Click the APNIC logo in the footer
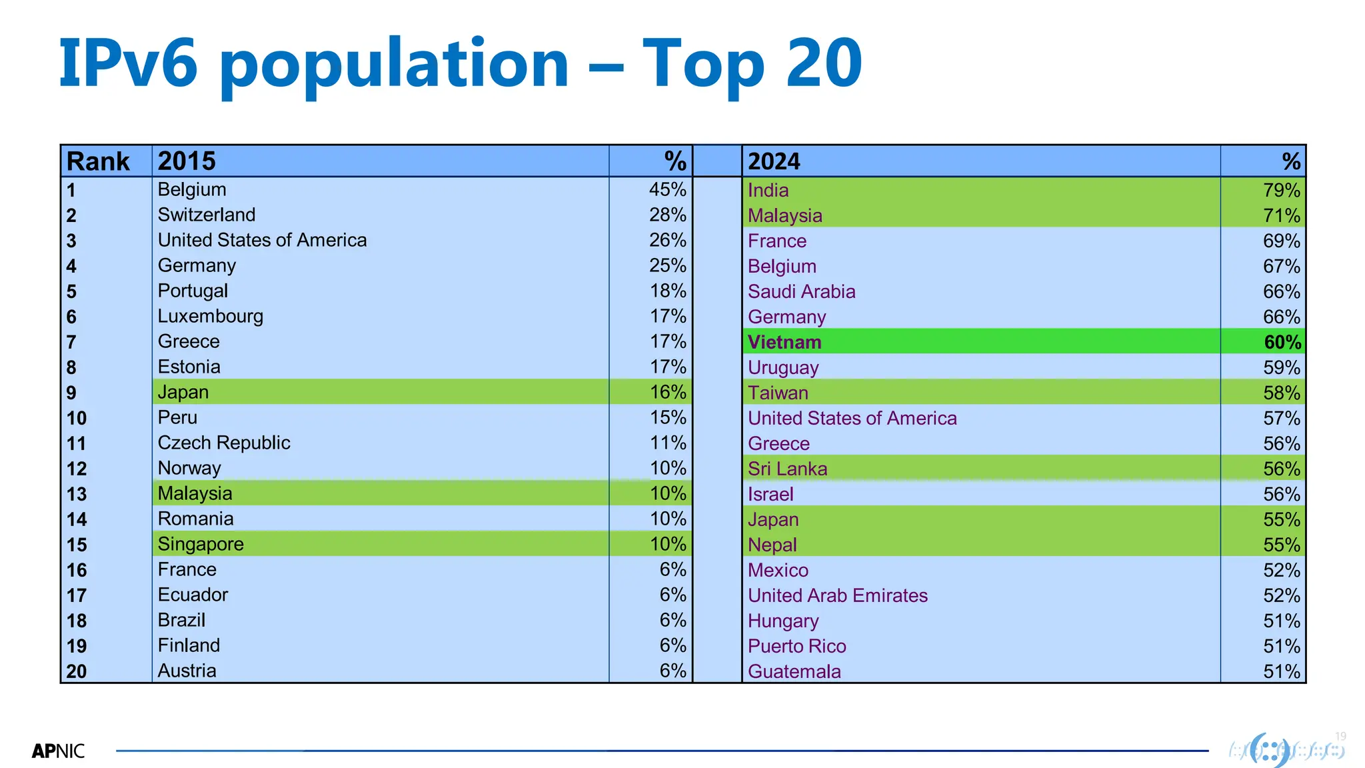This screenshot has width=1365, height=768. tap(59, 751)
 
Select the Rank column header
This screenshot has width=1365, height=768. tap(98, 161)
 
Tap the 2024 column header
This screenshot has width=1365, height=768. tap(774, 161)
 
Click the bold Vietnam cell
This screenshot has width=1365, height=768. tap(784, 342)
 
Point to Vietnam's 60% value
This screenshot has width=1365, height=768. tap(1282, 342)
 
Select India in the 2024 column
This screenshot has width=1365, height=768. tap(768, 190)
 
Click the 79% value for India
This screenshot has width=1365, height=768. tap(1281, 190)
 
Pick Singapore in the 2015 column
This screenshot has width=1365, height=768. tap(201, 544)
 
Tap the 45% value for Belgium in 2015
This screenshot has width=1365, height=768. tap(667, 189)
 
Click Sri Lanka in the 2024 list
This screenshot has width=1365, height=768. tap(787, 469)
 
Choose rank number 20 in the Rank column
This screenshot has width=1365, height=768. tap(77, 671)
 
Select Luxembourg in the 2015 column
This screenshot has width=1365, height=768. tap(210, 316)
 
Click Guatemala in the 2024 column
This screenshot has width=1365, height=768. tap(794, 671)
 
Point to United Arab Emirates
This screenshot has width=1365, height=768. tap(837, 595)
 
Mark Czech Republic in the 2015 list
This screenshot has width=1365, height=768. tap(224, 443)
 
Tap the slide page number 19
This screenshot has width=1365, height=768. tap(1340, 737)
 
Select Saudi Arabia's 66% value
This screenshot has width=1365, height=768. tap(1281, 291)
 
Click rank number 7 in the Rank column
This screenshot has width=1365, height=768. tap(71, 342)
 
